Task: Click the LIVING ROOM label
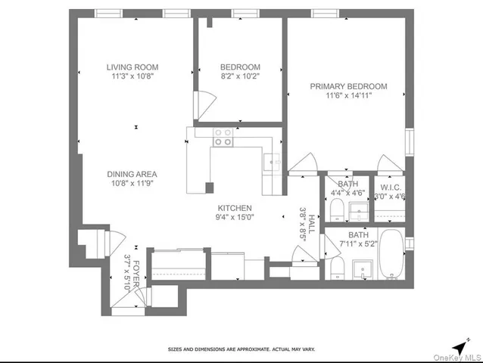132,67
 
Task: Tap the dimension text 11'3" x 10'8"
132,76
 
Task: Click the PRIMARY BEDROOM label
348,86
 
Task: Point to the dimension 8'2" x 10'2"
240,76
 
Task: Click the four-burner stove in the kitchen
223,136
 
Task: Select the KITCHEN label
234,208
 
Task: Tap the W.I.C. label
391,187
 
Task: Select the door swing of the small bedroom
202,104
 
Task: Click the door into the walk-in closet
389,163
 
